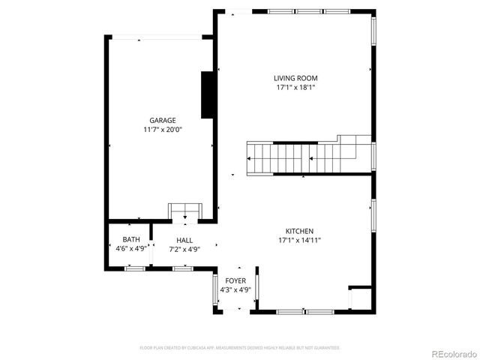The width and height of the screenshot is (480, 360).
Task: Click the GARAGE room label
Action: pyautogui.click(x=162, y=120)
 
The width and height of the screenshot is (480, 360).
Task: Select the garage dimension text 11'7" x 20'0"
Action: pyautogui.click(x=162, y=130)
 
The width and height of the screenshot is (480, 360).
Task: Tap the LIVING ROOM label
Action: pyautogui.click(x=297, y=78)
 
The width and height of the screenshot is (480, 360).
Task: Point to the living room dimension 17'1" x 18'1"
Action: pyautogui.click(x=297, y=88)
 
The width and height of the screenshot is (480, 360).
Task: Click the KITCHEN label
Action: pyautogui.click(x=299, y=231)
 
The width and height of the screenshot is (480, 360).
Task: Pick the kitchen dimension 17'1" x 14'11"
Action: pyautogui.click(x=299, y=241)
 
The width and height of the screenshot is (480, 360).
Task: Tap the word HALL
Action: pyautogui.click(x=184, y=240)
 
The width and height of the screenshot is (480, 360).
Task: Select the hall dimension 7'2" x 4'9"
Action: pyautogui.click(x=184, y=249)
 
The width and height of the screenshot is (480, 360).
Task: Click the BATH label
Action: pyautogui.click(x=130, y=240)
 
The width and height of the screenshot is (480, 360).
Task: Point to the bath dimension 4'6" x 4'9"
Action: pyautogui.click(x=130, y=249)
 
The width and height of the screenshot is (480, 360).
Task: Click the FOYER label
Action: pyautogui.click(x=235, y=280)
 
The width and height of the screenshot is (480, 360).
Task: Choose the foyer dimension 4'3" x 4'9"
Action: pyautogui.click(x=235, y=289)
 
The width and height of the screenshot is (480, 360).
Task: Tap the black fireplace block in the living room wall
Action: pyautogui.click(x=208, y=94)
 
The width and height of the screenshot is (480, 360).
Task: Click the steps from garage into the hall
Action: pyautogui.click(x=184, y=212)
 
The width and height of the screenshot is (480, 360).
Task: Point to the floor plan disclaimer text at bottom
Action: pyautogui.click(x=240, y=348)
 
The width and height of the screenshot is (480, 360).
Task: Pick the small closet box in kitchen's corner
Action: pyautogui.click(x=360, y=298)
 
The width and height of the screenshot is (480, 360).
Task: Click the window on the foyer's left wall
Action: pyautogui.click(x=216, y=289)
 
